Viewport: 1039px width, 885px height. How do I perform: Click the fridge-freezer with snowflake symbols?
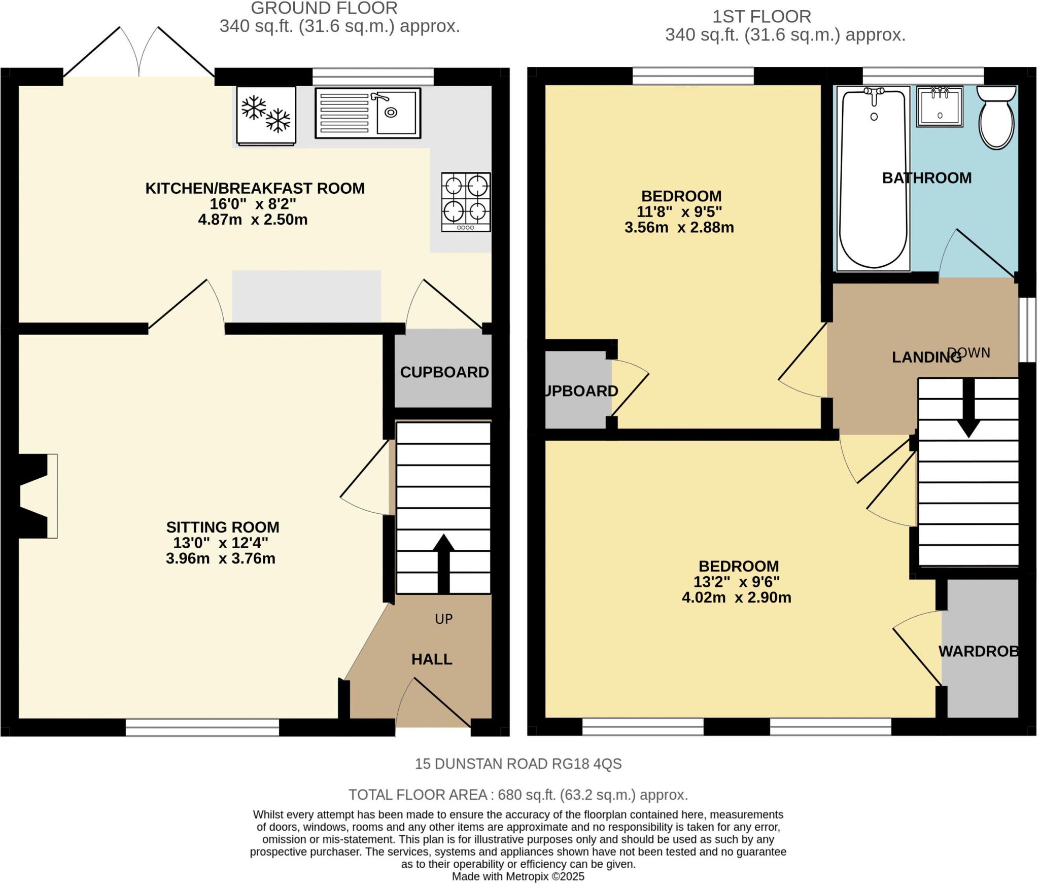(266, 116)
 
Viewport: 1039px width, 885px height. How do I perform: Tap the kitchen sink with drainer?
(368, 113)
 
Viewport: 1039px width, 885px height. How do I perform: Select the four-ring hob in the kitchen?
(466, 202)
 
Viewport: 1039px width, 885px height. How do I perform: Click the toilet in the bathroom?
(997, 118)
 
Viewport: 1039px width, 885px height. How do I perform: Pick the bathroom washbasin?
(940, 107)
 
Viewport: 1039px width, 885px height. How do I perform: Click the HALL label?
(432, 659)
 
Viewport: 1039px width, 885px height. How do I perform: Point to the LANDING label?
(926, 358)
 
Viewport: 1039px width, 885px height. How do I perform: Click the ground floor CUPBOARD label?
(444, 372)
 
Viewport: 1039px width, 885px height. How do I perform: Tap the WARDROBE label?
(979, 651)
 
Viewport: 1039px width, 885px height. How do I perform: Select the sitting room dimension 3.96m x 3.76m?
(221, 559)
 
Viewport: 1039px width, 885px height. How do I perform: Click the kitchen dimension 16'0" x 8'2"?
(253, 204)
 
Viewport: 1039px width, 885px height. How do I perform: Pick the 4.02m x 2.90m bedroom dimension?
(737, 597)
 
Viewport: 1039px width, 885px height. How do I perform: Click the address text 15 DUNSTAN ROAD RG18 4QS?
(518, 764)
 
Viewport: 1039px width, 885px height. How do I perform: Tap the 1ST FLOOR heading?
(761, 17)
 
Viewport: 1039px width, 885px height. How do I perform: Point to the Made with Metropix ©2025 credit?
(518, 876)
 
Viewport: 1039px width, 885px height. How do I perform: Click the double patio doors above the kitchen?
(139, 53)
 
